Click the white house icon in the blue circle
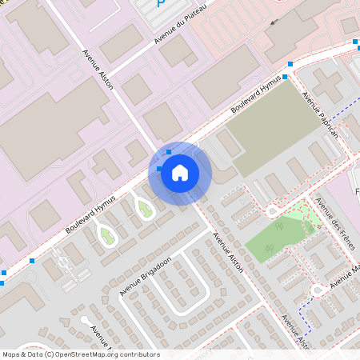(x=180, y=172)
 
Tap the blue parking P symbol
(x=160, y=4)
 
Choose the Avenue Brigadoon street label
(x=146, y=275)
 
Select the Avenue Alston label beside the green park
(x=229, y=253)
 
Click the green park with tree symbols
(x=276, y=237)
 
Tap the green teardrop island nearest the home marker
(x=145, y=210)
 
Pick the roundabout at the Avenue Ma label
(x=318, y=290)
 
